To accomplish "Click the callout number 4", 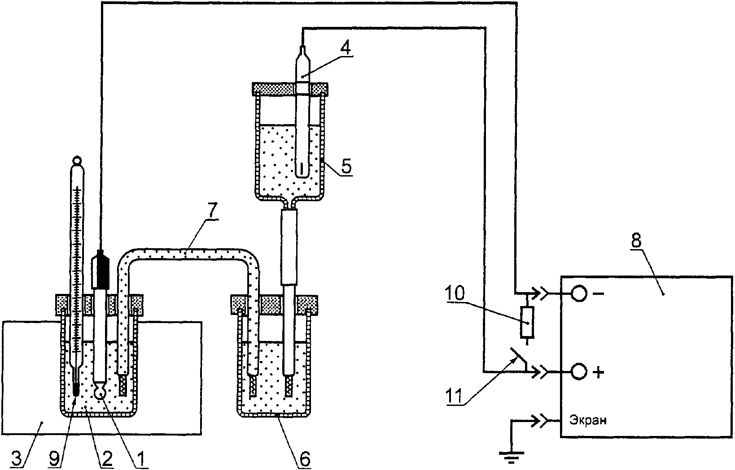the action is [345, 48].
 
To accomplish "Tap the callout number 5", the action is [346, 166].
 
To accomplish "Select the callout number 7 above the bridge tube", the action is [212, 212].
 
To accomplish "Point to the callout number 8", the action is [636, 241].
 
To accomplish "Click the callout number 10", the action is [455, 293].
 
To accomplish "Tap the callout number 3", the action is [17, 458].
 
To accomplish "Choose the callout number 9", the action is [54, 458].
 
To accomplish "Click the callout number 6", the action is [305, 459].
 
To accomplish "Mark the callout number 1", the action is [140, 459].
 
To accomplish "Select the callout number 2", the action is [106, 458].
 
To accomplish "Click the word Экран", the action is [588, 420].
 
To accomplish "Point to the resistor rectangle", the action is [527, 322].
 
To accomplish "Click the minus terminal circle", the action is [579, 294].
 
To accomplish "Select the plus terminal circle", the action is [579, 372].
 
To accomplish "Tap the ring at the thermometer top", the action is [78, 160].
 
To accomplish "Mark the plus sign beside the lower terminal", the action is [599, 373].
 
